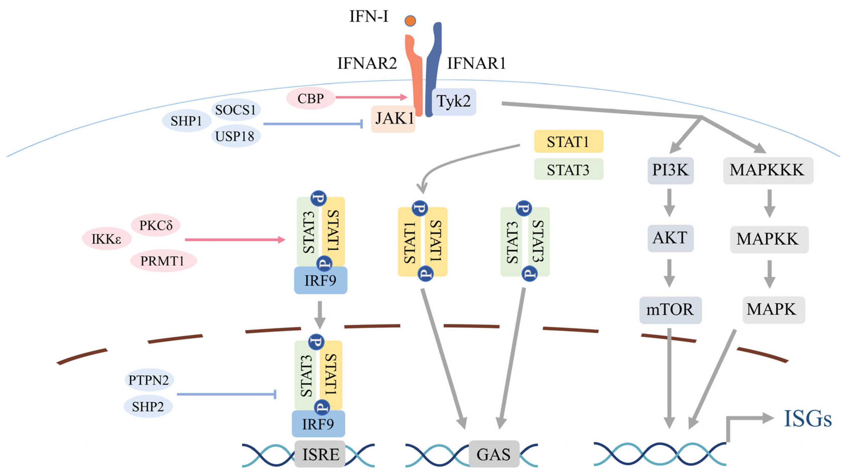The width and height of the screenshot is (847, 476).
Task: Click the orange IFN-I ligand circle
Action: [x=410, y=21]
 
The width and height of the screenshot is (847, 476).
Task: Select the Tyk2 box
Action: [x=454, y=101]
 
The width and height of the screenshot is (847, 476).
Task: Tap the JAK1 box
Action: [x=393, y=119]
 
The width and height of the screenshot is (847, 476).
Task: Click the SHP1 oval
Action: [x=186, y=121]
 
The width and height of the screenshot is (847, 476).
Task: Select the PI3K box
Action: [x=670, y=170]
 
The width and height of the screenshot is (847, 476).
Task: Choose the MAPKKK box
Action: [x=768, y=170]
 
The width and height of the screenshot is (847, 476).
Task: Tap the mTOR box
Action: [x=670, y=310]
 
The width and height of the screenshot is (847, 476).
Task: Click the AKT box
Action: [x=670, y=238]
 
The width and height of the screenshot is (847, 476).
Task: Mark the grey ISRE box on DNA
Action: [x=320, y=454]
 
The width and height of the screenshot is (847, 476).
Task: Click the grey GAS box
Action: [x=493, y=454]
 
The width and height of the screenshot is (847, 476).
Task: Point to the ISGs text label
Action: [x=807, y=419]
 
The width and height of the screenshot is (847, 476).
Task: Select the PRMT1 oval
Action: [x=163, y=261]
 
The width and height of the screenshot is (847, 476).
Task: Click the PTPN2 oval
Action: [x=149, y=380]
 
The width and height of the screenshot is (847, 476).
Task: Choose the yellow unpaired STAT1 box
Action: [x=568, y=142]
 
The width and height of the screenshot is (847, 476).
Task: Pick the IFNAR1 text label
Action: [x=476, y=63]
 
